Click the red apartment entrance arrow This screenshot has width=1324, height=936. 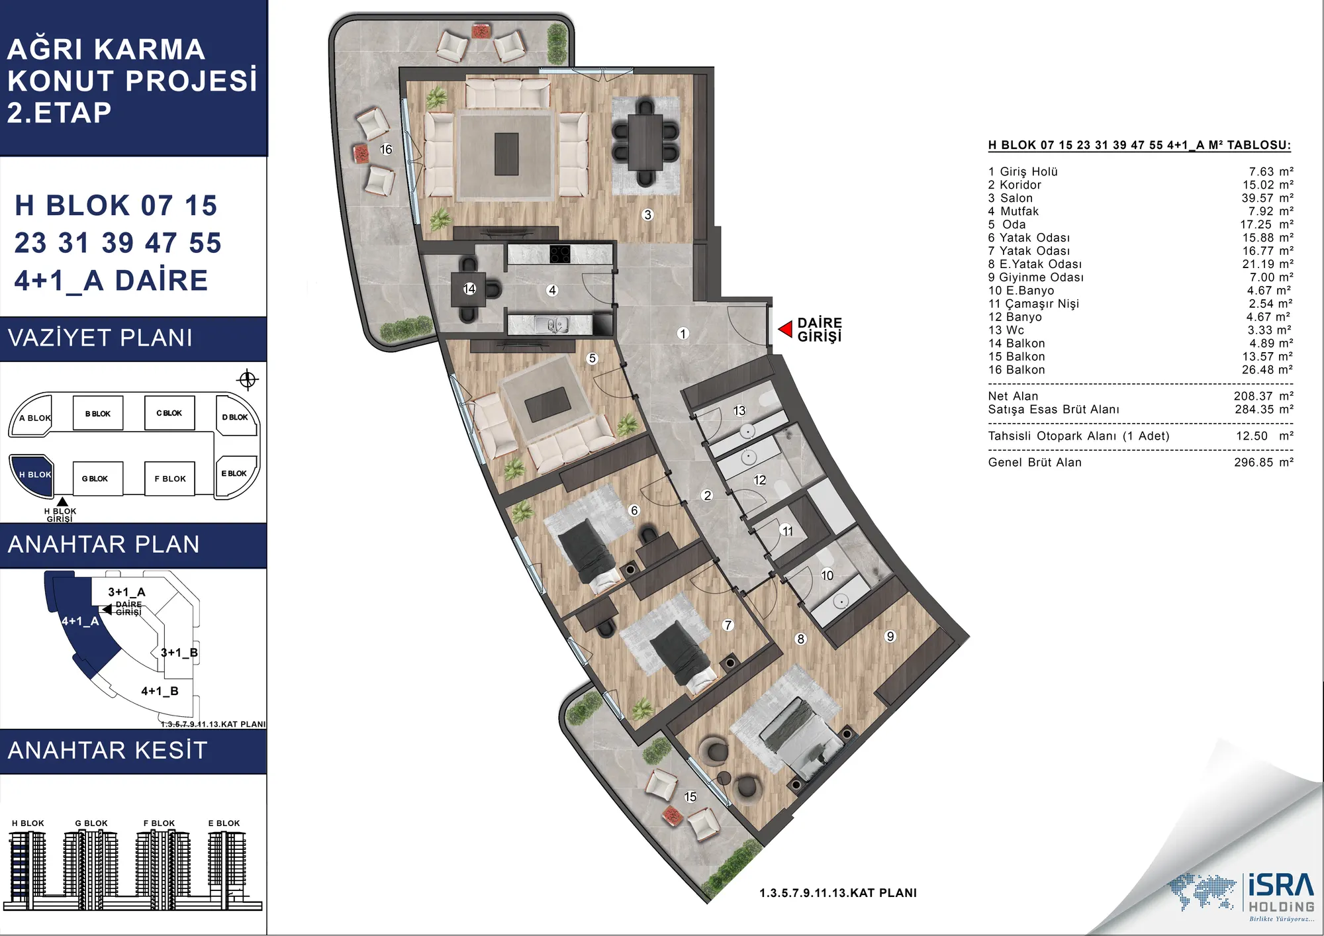click(786, 329)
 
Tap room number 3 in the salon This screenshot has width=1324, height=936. click(648, 214)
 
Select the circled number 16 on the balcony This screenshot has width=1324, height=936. click(386, 150)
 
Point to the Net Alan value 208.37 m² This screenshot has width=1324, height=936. click(1263, 396)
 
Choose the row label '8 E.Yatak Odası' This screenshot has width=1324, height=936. click(1035, 264)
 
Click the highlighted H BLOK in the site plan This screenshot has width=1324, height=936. click(32, 475)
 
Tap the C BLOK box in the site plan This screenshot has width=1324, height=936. click(169, 413)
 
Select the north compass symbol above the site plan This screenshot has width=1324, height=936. click(248, 379)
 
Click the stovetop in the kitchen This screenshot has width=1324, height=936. click(559, 254)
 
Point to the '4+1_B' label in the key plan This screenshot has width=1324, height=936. click(160, 691)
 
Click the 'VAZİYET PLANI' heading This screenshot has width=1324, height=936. click(100, 338)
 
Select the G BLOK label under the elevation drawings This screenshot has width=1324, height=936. click(91, 823)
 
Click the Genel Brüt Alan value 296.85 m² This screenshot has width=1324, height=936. click(1263, 462)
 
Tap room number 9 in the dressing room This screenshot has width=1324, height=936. click(890, 636)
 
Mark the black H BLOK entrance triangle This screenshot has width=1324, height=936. click(62, 502)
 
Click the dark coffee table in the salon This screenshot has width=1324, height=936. click(506, 154)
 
